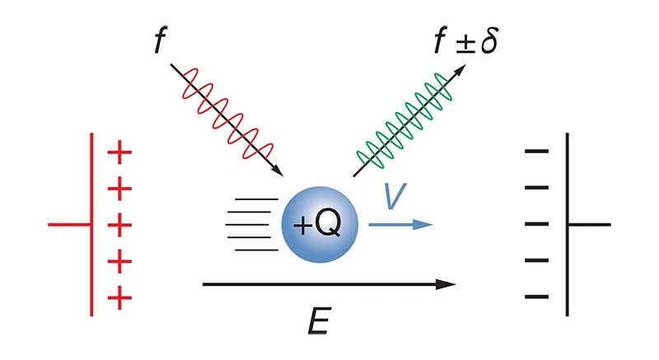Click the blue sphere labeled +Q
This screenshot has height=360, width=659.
(317, 223)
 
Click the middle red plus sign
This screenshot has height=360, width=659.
(120, 224)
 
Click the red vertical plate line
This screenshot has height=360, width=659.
(91, 189)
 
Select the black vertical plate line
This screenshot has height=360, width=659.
(567, 189)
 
